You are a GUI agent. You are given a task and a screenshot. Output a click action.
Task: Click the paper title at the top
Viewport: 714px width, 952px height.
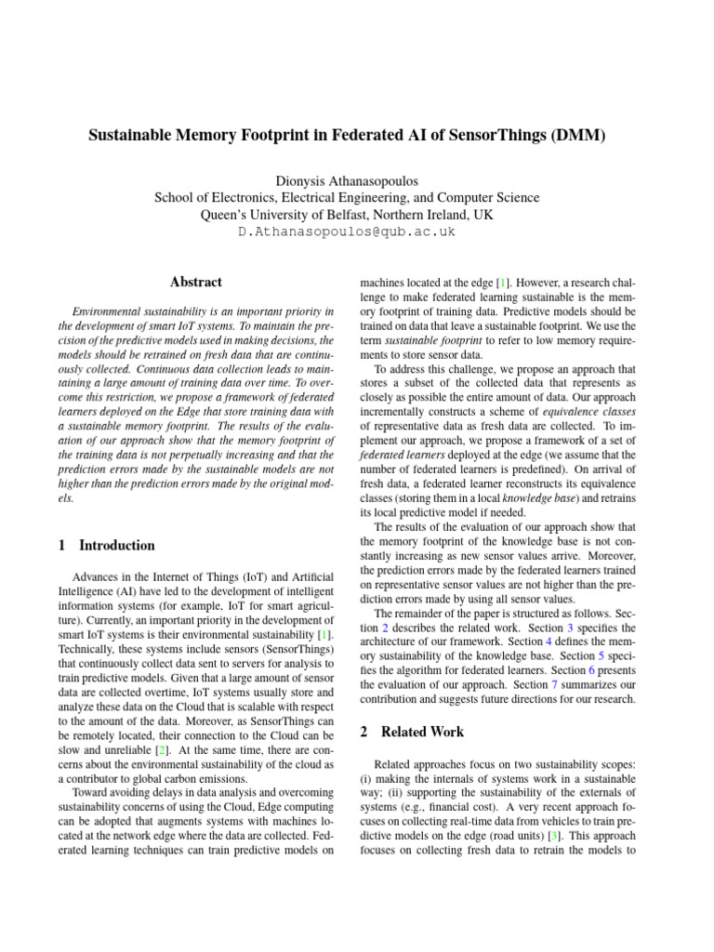(x=346, y=136)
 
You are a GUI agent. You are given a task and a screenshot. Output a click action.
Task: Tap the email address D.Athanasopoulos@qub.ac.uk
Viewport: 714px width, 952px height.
(x=346, y=231)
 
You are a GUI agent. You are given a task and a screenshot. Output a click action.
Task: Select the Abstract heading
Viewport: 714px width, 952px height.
(x=196, y=282)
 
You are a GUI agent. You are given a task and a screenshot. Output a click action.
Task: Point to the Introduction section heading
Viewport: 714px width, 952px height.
(x=117, y=545)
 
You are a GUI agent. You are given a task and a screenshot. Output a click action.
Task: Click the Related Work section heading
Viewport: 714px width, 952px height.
(x=426, y=732)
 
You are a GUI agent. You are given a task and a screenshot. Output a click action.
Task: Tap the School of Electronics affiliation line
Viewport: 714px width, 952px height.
(x=346, y=197)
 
